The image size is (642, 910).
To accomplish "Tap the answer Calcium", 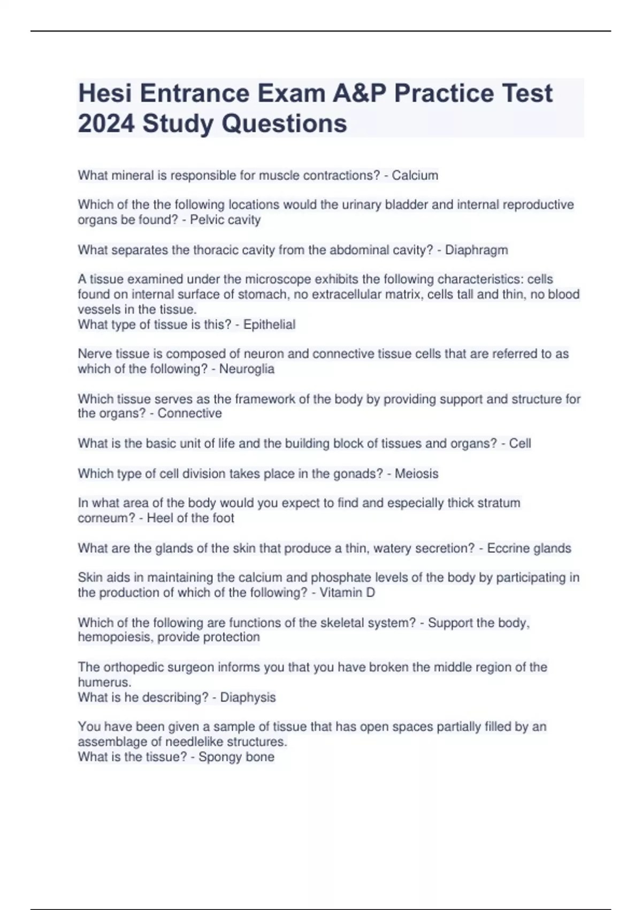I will pyautogui.click(x=415, y=176).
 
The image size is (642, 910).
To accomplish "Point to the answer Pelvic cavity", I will pyautogui.click(x=225, y=220).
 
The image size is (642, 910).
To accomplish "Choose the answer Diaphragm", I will pyautogui.click(x=476, y=250).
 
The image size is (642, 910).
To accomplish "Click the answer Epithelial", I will pyautogui.click(x=269, y=324).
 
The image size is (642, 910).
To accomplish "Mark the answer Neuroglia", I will pyautogui.click(x=247, y=369).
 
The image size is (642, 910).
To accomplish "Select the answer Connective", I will pyautogui.click(x=189, y=413).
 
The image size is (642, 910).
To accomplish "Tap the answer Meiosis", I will pyautogui.click(x=416, y=474).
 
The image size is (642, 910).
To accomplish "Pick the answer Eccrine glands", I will pyautogui.click(x=529, y=548).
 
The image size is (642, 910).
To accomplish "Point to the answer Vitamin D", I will pyautogui.click(x=347, y=593).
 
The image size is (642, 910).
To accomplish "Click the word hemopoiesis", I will pyautogui.click(x=114, y=637).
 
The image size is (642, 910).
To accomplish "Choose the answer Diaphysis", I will pyautogui.click(x=248, y=697).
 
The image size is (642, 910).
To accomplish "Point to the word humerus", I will pyautogui.click(x=104, y=682).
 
